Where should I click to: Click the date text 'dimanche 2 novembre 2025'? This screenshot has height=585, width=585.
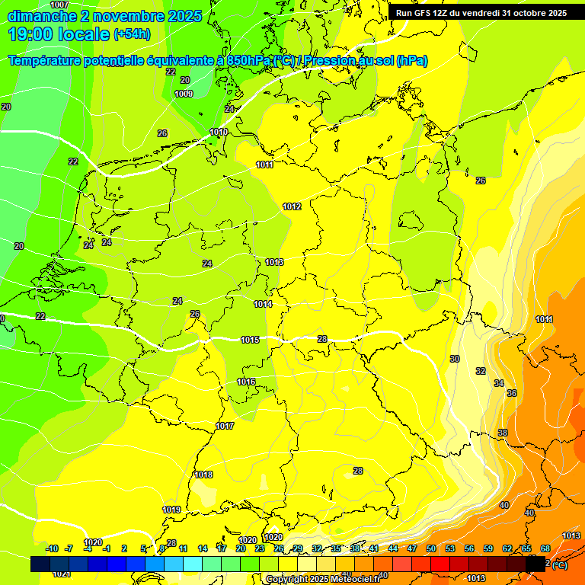[x=104, y=16]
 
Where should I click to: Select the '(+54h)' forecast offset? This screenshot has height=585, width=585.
[x=132, y=34]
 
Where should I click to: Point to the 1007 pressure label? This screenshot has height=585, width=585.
[x=59, y=5]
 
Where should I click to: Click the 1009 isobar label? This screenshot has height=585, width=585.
[x=184, y=94]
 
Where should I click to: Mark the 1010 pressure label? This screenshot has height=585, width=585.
[x=219, y=132]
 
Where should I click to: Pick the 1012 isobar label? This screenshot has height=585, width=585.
[x=292, y=206]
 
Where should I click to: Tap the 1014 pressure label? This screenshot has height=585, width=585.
[x=263, y=304]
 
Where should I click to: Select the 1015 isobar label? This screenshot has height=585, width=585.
[x=250, y=340]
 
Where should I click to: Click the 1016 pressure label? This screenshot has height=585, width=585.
[x=246, y=382]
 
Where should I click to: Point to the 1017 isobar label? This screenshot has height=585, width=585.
[x=225, y=426]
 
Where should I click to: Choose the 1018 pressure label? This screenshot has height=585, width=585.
[x=203, y=475]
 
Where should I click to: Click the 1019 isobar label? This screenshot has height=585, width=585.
[x=171, y=510]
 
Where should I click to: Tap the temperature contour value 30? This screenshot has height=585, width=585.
[x=455, y=359]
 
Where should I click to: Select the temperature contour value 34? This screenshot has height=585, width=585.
[x=499, y=383]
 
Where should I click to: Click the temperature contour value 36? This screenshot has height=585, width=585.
[x=512, y=393]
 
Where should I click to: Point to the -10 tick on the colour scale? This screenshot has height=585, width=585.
[x=52, y=548]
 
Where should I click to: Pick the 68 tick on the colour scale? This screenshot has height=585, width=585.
[x=545, y=548]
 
